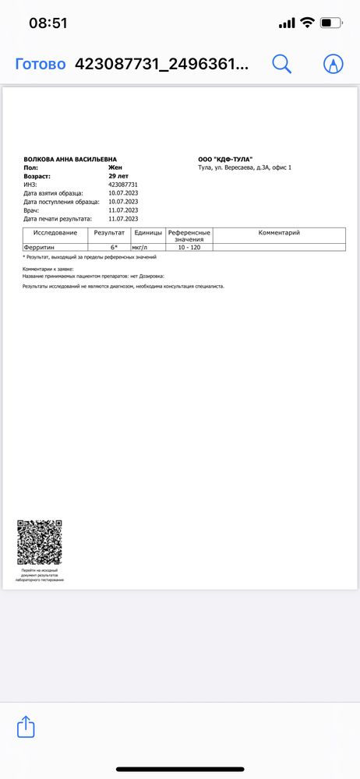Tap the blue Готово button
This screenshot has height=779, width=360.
tap(41, 65)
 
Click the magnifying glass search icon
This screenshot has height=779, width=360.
tap(281, 65)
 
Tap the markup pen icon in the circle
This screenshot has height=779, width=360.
tap(334, 65)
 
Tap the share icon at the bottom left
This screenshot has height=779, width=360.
tap(26, 728)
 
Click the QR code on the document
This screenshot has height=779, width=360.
tap(39, 542)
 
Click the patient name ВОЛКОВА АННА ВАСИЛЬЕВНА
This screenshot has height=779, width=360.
tap(71, 159)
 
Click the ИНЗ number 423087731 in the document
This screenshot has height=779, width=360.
tap(123, 185)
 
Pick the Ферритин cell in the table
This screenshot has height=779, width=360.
tap(39, 247)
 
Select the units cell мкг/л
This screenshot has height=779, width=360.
tap(142, 247)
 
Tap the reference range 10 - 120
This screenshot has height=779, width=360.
tap(189, 247)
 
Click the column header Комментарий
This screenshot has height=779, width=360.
tap(279, 233)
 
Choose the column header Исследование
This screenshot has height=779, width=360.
tap(55, 233)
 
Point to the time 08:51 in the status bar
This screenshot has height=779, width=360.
tap(48, 23)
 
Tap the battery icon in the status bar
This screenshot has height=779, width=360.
tap(331, 23)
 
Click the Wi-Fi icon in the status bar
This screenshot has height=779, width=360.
tap(307, 23)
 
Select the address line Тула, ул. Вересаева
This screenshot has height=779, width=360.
tap(245, 167)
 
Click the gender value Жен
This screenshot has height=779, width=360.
tap(115, 167)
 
